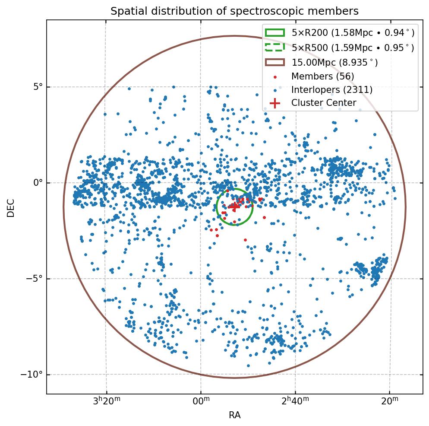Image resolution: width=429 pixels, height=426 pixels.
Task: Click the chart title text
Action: point(234,11)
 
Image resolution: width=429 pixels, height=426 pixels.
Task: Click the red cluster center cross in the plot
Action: point(234,207)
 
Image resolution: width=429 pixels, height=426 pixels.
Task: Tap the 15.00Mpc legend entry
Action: point(334,62)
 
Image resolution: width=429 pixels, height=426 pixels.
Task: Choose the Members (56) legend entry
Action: point(322,76)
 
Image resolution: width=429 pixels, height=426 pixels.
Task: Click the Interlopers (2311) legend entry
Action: point(331,90)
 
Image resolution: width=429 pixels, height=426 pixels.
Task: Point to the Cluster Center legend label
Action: point(324,103)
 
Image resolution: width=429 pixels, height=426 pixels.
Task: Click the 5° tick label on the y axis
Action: point(38,87)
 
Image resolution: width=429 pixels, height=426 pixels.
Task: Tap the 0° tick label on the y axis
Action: point(38,183)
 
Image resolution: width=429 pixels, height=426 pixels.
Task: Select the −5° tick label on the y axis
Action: point(35,279)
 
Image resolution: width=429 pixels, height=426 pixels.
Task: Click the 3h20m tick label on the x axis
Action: point(106,401)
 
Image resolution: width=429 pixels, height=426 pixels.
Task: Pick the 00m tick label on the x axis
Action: point(201,402)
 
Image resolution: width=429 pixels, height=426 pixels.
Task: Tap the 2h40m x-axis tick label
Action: point(295,401)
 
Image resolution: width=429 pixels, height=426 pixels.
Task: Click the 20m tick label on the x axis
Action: point(389,402)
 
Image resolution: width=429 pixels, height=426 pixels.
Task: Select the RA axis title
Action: point(234,415)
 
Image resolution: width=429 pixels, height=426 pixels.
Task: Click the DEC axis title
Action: point(11,208)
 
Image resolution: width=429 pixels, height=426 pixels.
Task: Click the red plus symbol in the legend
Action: point(274,103)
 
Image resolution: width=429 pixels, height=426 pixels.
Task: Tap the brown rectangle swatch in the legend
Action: point(274,62)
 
